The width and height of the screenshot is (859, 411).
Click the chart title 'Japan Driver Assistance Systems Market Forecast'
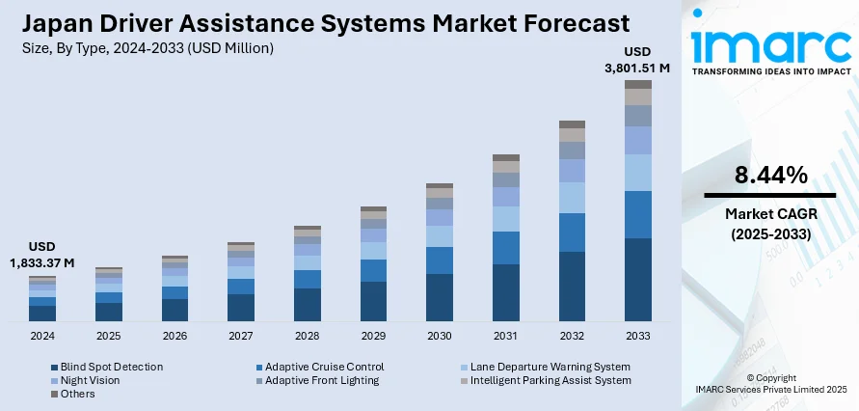(318, 23)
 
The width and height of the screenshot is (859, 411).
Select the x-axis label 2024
(42, 336)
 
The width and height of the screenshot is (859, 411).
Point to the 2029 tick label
(373, 336)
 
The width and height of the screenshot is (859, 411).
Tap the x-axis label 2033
(638, 336)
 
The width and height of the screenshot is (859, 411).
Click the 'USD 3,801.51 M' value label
(637, 60)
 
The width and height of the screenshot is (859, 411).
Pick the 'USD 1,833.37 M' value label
(42, 255)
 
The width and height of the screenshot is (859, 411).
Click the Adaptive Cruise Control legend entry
(324, 367)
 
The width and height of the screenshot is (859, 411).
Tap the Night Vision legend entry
(89, 380)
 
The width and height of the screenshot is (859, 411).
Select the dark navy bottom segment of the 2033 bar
(638, 280)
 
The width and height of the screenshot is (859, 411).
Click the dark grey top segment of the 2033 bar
(638, 84)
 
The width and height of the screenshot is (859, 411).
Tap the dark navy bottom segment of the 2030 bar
(440, 297)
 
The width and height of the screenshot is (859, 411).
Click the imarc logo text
(769, 43)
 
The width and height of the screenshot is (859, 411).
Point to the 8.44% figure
(769, 176)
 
